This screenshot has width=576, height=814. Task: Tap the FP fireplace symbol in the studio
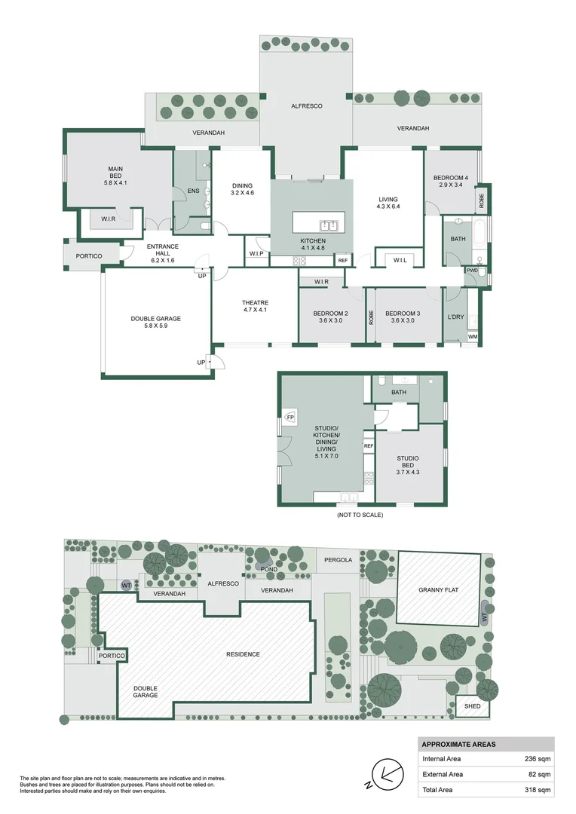pyautogui.click(x=290, y=416)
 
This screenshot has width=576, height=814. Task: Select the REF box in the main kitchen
pyautogui.click(x=343, y=260)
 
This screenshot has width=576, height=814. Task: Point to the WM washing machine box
pyautogui.click(x=473, y=336)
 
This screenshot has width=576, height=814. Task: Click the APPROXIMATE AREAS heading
pyautogui.click(x=458, y=744)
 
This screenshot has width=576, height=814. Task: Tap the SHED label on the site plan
pyautogui.click(x=472, y=706)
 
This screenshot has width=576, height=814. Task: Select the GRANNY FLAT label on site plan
pyautogui.click(x=439, y=590)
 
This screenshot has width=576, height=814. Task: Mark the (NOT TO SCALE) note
pyautogui.click(x=360, y=515)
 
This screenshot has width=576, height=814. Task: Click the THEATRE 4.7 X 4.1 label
pyautogui.click(x=256, y=306)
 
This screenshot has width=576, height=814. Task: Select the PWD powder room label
pyautogui.click(x=473, y=270)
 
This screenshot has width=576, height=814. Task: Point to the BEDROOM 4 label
pyautogui.click(x=451, y=178)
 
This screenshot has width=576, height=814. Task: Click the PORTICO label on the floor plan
pyautogui.click(x=88, y=256)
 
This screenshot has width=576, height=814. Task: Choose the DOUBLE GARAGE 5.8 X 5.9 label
pyautogui.click(x=156, y=323)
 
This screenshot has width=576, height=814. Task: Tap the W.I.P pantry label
pyautogui.click(x=256, y=253)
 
